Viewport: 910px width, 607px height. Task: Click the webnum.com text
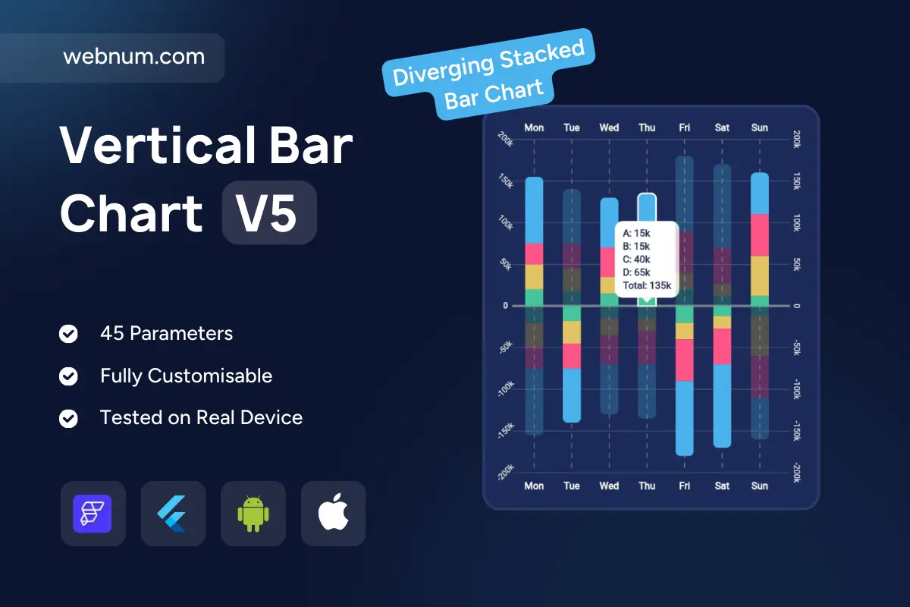(x=134, y=56)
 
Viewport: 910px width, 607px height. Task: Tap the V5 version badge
(x=269, y=212)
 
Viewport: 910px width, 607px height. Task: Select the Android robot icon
(x=253, y=514)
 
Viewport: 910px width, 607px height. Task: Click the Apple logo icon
(x=333, y=512)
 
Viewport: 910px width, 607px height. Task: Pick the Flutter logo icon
(x=172, y=514)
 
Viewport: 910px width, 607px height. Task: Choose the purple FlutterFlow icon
(x=93, y=514)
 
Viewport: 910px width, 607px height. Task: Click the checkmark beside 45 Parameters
(x=68, y=334)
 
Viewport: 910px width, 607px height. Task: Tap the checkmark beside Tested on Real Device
(x=68, y=418)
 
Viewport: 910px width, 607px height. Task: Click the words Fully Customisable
(x=186, y=376)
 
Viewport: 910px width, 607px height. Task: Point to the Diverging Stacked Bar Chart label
(x=488, y=74)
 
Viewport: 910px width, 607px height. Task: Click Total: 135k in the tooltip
(x=647, y=285)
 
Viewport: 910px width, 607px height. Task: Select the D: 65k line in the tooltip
(x=636, y=272)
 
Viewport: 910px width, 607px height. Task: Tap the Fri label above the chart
(x=685, y=127)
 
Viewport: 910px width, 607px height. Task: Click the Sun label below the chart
(x=760, y=486)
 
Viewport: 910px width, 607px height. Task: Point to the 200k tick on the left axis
(x=506, y=140)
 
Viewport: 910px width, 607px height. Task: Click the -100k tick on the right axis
(x=797, y=389)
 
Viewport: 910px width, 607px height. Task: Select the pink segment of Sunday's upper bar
(x=760, y=235)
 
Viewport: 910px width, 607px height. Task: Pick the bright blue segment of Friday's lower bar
(x=685, y=418)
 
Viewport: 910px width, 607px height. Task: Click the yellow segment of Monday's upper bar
(x=534, y=277)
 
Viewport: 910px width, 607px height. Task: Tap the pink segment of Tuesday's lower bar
(x=572, y=356)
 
